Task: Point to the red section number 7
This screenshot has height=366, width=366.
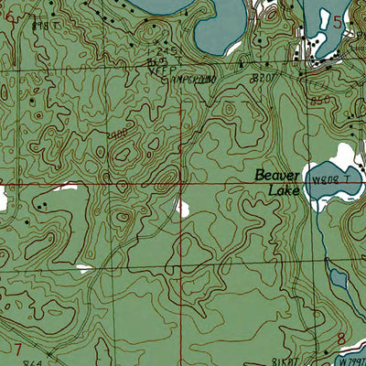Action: (x=17, y=349)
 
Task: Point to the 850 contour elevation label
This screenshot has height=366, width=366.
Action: (x=319, y=98)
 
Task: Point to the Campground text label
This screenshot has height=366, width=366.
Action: (x=188, y=79)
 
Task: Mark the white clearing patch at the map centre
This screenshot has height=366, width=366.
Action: (x=182, y=209)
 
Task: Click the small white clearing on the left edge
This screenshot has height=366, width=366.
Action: (x=3, y=196)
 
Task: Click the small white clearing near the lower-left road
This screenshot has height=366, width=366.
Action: (x=84, y=269)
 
